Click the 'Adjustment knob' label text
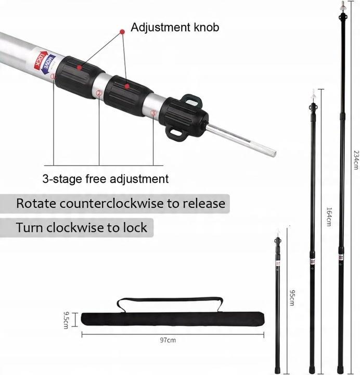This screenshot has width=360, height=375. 175,27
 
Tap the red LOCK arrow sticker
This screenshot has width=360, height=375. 38,60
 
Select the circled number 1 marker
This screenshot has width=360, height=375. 53,77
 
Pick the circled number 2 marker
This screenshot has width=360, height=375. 99,94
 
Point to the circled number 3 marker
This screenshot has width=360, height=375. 153,113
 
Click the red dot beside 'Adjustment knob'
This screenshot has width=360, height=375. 122,32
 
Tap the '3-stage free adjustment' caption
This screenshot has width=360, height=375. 106,179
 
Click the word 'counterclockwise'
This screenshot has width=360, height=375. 111,204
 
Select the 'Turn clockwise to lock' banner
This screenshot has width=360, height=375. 76,228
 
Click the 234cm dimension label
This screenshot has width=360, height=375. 356,160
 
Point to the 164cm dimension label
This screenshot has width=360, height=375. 329,217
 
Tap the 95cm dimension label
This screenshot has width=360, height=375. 292,298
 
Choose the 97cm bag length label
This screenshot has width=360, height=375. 168,340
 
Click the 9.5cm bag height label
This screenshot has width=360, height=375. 66,320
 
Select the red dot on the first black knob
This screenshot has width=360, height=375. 79,68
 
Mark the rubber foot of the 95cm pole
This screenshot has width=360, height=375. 277,369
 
